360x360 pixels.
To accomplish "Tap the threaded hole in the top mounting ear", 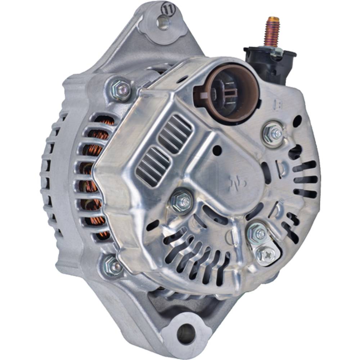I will click(163, 23).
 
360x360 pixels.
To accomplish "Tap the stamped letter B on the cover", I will click(277, 105).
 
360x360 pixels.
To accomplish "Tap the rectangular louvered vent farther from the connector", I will click(153, 167).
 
